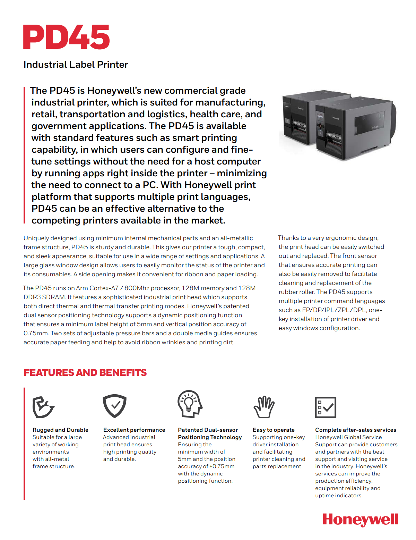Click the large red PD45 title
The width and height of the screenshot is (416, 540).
(66, 37)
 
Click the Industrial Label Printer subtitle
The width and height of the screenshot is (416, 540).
(76, 65)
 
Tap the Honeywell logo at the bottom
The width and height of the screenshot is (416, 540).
(360, 520)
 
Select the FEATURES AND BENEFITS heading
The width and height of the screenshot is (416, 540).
(85, 373)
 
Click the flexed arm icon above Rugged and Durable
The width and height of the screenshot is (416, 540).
(43, 407)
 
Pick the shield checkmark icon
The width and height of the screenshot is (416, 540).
(114, 406)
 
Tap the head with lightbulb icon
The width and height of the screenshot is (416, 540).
(189, 404)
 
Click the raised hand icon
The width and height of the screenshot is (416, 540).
(264, 407)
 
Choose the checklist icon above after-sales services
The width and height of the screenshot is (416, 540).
(325, 407)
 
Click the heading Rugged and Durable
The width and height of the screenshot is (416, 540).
(60, 430)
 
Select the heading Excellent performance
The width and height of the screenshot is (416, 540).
(134, 430)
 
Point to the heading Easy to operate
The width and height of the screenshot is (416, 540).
(274, 430)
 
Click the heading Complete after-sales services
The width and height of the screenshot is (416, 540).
(355, 430)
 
